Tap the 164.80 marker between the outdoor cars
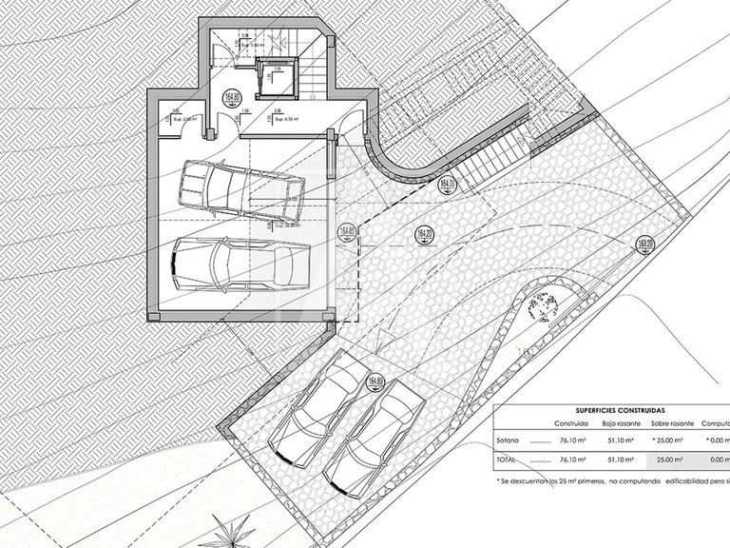tap(373, 382)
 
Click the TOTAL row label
tap(508, 459)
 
